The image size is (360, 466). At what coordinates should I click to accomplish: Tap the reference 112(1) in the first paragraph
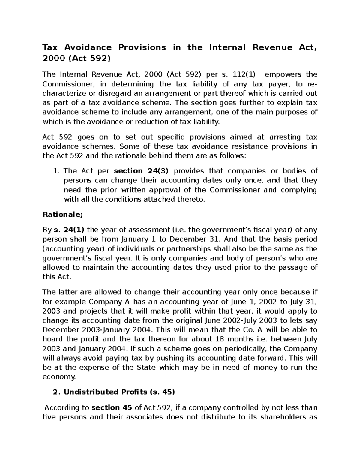point(243,74)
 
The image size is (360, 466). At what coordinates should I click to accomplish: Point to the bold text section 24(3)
point(141,171)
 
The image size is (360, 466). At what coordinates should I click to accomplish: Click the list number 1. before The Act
point(55,171)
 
